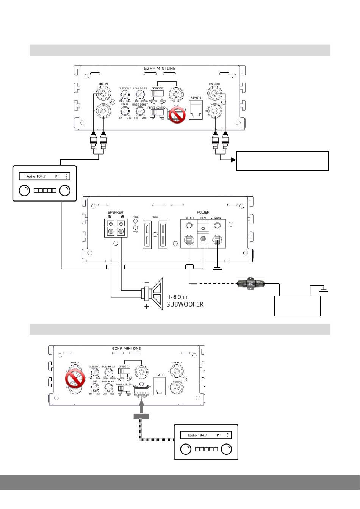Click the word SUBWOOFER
185,304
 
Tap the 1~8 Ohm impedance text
178,297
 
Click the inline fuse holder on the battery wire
250,283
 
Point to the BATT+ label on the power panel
190,218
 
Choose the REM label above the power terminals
203,218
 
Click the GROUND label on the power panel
216,218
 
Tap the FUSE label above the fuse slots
155,217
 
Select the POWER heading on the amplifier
203,213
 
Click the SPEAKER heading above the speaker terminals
115,213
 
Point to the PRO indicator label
135,232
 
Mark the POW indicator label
135,217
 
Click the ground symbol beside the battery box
323,290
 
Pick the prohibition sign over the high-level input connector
177,115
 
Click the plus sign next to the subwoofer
147,306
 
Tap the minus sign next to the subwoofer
147,282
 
